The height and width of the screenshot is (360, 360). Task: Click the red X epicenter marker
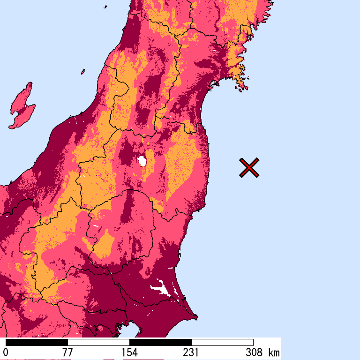click(x=249, y=168)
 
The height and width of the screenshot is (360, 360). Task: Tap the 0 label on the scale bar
click(x=6, y=352)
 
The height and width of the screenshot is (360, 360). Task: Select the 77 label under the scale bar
click(x=67, y=352)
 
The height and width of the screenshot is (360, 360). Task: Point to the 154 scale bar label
click(x=129, y=352)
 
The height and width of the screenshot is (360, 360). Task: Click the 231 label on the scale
click(x=191, y=352)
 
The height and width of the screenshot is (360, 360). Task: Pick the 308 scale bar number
click(x=253, y=352)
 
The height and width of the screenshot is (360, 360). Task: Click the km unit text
click(x=274, y=352)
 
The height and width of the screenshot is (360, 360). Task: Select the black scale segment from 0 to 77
click(x=37, y=342)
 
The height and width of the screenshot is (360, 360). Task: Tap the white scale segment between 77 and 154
click(x=98, y=342)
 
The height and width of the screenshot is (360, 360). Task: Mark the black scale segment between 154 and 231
click(x=160, y=342)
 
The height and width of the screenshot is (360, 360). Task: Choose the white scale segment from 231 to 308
click(x=222, y=342)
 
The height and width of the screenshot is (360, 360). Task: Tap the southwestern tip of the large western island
click(x=10, y=127)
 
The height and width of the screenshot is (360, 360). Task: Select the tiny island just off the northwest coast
click(x=83, y=71)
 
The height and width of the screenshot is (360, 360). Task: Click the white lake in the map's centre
click(x=142, y=161)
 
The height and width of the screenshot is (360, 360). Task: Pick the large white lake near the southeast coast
click(x=162, y=287)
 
